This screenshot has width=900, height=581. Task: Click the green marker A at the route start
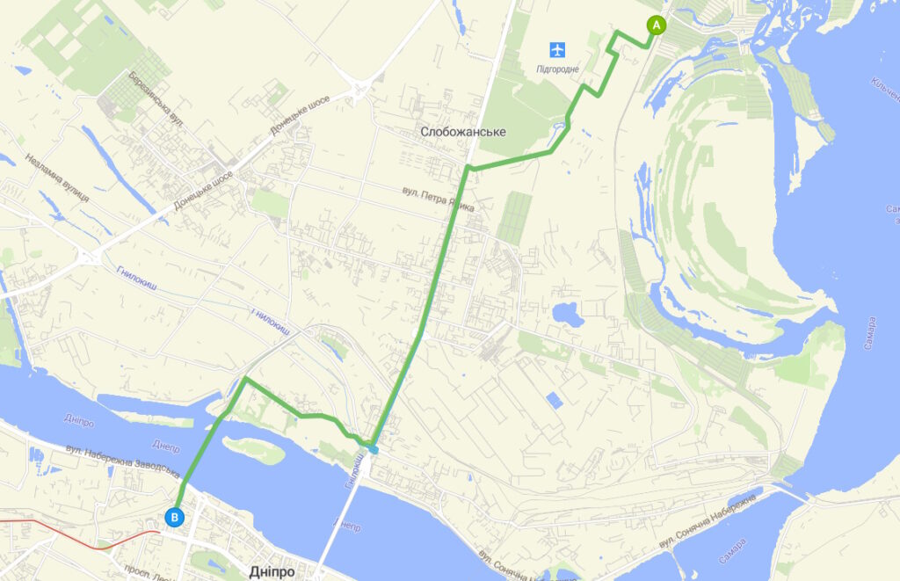pyautogui.click(x=655, y=25)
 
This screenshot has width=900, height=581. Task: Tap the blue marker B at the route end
pyautogui.click(x=175, y=518)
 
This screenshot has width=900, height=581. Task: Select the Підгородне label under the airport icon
pyautogui.click(x=557, y=69)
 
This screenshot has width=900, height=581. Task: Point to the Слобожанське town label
pyautogui.click(x=463, y=132)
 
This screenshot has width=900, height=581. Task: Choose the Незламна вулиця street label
pyautogui.click(x=58, y=179)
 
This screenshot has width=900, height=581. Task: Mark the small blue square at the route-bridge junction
pyautogui.click(x=374, y=449)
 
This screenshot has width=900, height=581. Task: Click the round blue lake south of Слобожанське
pyautogui.click(x=565, y=313)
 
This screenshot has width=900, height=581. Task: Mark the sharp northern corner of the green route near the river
pyautogui.click(x=245, y=379)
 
